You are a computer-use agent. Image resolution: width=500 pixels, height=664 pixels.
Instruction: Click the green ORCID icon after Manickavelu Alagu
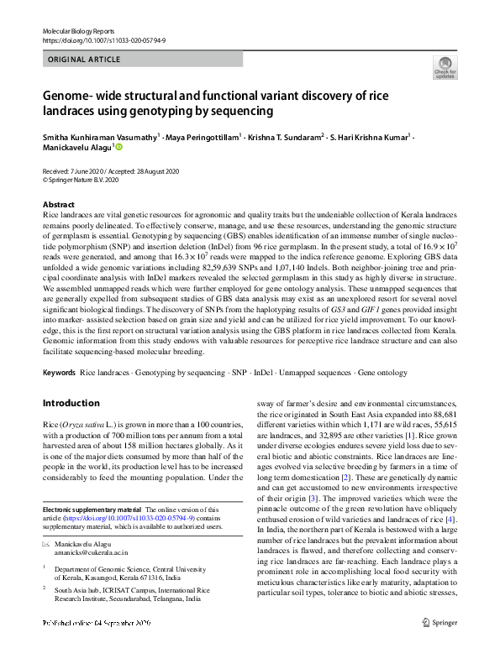118,148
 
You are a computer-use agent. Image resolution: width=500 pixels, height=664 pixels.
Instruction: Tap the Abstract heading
59,205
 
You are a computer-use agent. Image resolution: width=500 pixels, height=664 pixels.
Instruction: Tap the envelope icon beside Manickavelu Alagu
46,545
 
